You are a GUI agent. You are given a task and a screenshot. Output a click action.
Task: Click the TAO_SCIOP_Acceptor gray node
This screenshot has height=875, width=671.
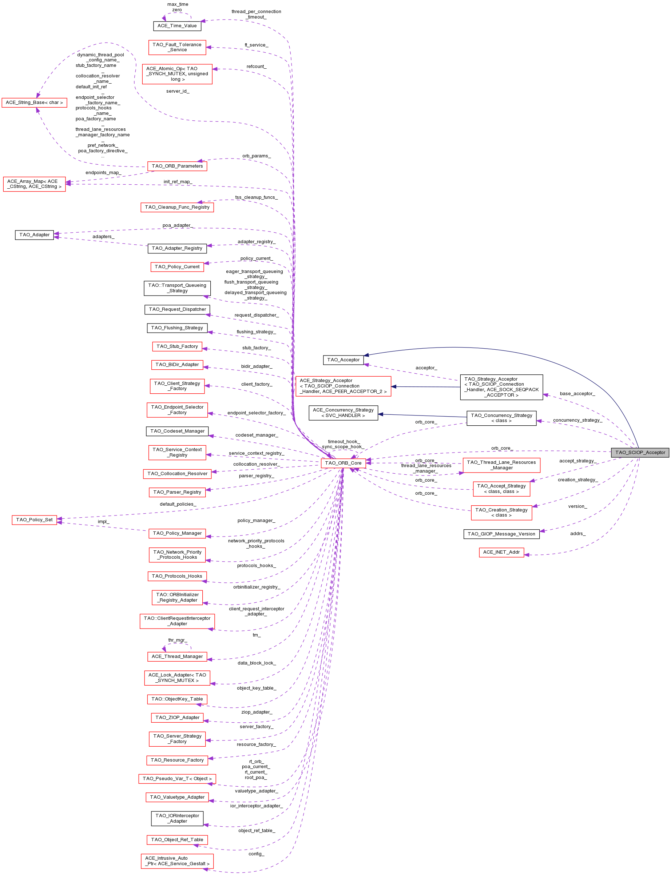click(640, 452)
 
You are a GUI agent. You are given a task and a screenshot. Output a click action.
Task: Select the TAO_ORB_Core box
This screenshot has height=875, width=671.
click(343, 463)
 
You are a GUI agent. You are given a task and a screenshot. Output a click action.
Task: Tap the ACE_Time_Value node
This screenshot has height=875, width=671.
click(177, 25)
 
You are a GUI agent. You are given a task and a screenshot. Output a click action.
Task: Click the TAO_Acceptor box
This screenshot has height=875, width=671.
click(343, 360)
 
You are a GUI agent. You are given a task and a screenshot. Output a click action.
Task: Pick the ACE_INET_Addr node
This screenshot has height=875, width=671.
click(501, 552)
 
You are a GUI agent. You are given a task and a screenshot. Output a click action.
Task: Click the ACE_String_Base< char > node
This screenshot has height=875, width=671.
click(34, 103)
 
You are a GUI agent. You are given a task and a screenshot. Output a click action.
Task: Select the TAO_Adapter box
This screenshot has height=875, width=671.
click(34, 234)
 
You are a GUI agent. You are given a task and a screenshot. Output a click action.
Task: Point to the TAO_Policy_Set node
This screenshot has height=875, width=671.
click(34, 519)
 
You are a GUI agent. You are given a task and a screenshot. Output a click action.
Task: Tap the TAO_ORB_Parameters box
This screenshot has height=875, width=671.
click(177, 166)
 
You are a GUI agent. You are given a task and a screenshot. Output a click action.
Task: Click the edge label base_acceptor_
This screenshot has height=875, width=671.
click(577, 393)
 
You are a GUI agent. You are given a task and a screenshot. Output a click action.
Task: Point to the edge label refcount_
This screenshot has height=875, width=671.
click(257, 66)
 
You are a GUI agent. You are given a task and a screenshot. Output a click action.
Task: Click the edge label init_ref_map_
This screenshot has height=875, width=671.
click(178, 181)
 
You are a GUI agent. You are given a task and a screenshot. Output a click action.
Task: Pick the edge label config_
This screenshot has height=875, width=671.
click(256, 854)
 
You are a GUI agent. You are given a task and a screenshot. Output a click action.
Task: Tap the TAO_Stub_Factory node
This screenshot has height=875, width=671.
click(177, 346)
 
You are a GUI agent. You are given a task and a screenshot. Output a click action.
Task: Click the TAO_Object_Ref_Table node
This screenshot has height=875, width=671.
click(177, 839)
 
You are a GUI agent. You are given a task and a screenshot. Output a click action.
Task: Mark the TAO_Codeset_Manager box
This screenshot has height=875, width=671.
click(177, 431)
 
